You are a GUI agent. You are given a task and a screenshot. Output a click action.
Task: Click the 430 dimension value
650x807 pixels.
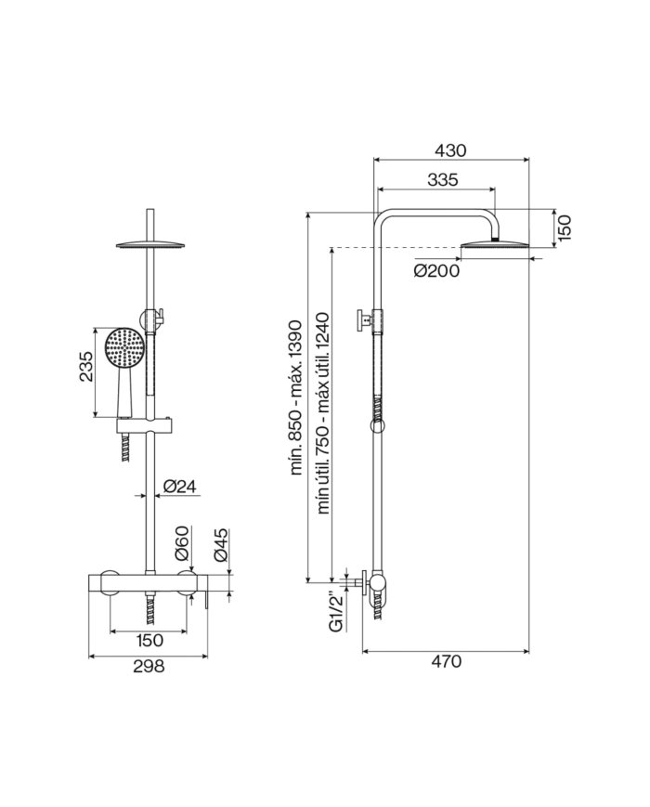tap(451, 150)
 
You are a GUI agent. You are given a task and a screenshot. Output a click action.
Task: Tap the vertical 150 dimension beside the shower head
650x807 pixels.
tap(565, 226)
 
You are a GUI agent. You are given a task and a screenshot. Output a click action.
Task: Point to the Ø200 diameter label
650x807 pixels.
tap(437, 271)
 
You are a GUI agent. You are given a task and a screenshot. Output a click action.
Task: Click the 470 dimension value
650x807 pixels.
tap(446, 661)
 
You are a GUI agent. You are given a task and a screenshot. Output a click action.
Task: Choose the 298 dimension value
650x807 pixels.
tap(149, 666)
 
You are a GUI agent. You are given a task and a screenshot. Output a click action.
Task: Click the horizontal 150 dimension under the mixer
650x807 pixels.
tap(149, 640)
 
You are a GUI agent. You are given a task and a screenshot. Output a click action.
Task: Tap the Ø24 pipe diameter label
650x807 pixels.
tap(178, 486)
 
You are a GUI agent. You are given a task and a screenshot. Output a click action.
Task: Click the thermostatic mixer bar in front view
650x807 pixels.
tap(149, 583)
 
